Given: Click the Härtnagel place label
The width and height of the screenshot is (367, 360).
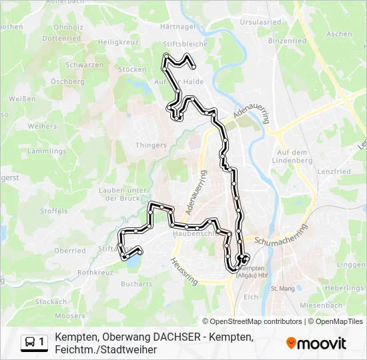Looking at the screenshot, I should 177,27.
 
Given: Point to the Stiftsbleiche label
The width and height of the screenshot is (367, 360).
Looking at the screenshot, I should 186,44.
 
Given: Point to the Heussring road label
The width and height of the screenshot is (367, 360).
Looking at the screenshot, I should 184,272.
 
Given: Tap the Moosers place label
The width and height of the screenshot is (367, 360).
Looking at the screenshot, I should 69,315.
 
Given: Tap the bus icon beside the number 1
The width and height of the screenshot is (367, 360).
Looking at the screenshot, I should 31,342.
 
